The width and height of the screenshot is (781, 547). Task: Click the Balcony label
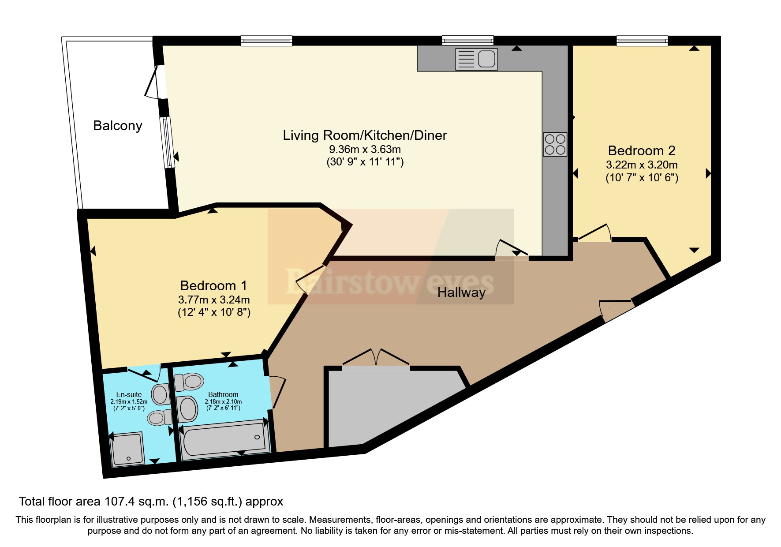coord(118,126)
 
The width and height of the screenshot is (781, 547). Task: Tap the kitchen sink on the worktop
coord(476,59)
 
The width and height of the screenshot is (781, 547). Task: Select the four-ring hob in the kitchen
coord(555,144)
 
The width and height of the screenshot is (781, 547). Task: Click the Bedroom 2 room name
coord(642,151)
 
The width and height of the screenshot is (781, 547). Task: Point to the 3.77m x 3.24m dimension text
coord(214,300)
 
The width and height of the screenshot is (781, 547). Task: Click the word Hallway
coord(461,292)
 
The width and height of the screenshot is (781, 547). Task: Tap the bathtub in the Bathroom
coord(225,439)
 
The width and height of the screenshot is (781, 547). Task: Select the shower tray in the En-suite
coord(127,449)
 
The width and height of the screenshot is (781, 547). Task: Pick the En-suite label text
coord(129,395)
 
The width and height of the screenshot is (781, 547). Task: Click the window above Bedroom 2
coord(642,41)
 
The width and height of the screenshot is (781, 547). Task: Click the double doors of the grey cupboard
coord(376,358)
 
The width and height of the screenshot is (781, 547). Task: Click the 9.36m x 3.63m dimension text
coord(365,150)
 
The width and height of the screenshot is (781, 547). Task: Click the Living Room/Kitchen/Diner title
coord(365,135)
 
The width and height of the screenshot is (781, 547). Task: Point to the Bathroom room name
coord(223,395)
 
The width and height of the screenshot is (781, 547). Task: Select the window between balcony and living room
coord(167,142)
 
